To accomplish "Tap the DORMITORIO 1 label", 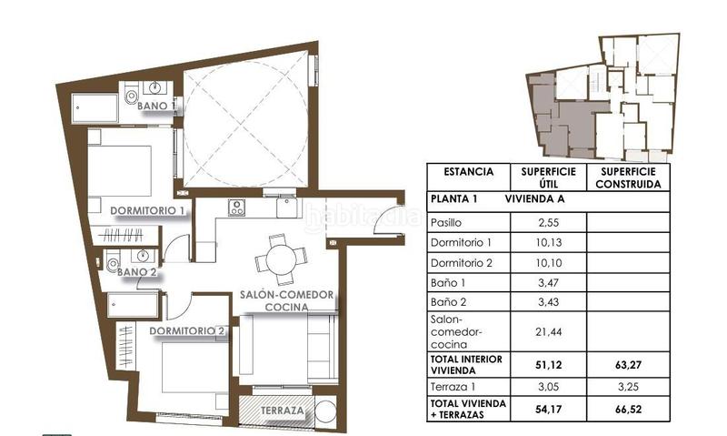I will click(148, 211).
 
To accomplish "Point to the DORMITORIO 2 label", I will click(186, 330).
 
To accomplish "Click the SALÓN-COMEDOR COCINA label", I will click(287, 301).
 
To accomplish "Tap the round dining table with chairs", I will click(276, 259).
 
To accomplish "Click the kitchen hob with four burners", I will click(236, 208).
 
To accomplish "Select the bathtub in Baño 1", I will click(95, 108).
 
